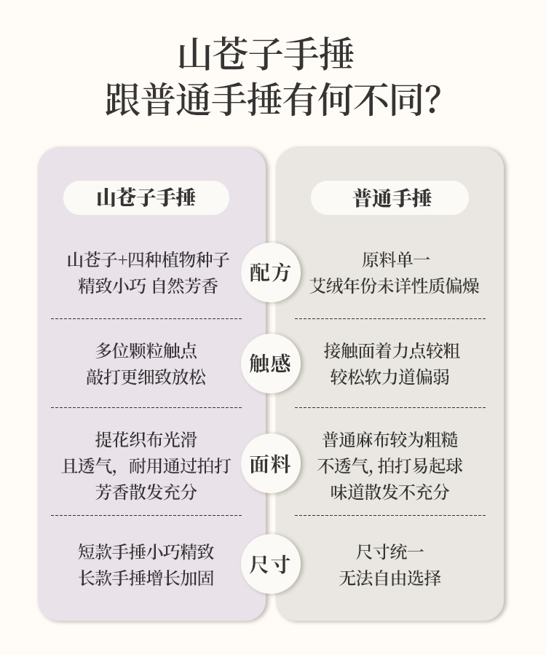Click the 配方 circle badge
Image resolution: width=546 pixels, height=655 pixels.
[x=270, y=272]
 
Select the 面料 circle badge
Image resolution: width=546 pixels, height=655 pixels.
[x=270, y=464]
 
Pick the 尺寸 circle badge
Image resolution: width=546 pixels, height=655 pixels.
[x=270, y=563]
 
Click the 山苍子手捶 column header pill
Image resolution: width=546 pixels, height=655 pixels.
[x=146, y=197]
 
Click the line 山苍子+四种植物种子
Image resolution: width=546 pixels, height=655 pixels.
[x=149, y=259]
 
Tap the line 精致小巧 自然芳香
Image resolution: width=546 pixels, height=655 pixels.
[x=149, y=286]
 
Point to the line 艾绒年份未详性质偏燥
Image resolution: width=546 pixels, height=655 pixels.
[x=393, y=286]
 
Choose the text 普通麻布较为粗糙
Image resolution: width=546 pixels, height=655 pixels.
[x=390, y=439]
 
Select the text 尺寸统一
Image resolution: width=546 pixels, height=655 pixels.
[x=390, y=552]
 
